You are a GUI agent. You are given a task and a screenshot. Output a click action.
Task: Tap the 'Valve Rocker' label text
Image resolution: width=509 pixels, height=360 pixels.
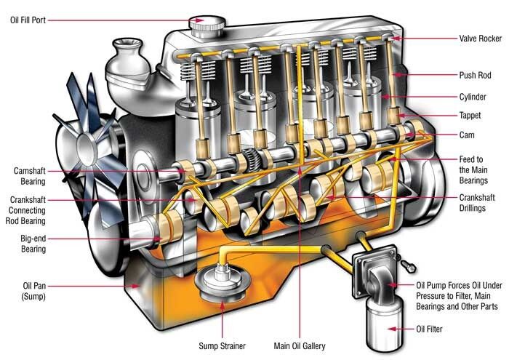point(481,39)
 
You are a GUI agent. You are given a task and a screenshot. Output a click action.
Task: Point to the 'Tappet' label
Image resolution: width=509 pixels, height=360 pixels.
point(473,116)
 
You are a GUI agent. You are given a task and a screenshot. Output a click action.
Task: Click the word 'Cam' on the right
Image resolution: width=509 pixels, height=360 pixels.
point(468,136)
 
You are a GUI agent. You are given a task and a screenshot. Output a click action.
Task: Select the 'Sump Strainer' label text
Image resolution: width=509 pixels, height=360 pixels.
point(221,346)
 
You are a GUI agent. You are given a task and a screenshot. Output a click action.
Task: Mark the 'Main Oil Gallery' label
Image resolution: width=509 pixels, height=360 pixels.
point(299,346)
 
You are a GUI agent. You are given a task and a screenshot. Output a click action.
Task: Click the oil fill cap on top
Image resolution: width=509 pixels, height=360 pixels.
point(207,23)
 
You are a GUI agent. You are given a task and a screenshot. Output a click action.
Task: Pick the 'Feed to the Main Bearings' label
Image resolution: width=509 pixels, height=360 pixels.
point(478,169)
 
